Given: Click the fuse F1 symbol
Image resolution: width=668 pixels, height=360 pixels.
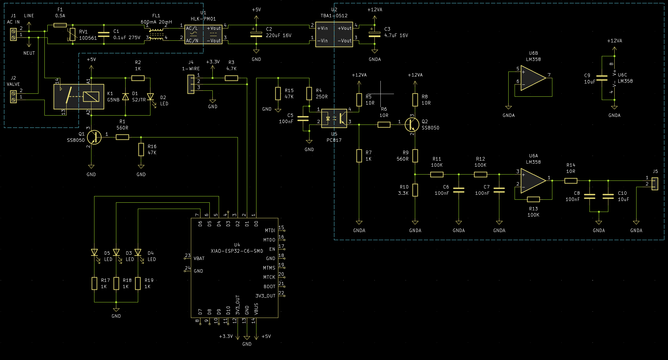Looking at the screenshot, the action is (60, 25).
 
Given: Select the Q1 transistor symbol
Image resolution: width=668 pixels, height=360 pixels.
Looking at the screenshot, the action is (94, 137).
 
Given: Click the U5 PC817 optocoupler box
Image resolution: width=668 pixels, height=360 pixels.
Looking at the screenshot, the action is (334, 118).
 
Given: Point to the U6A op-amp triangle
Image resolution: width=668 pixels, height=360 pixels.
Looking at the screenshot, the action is (533, 180).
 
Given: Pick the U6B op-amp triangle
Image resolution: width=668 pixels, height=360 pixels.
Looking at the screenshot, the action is (533, 78).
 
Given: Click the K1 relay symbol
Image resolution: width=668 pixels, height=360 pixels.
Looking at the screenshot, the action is (79, 96).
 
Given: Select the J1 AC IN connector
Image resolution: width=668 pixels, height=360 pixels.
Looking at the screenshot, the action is (13, 34).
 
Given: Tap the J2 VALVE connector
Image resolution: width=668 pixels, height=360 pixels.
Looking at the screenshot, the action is (13, 97).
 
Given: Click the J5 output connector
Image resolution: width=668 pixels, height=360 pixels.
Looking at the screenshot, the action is (655, 184).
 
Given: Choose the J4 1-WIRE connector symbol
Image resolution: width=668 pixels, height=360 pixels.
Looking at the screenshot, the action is (191, 84).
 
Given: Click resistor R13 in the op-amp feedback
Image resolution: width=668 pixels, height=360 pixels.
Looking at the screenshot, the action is (533, 199).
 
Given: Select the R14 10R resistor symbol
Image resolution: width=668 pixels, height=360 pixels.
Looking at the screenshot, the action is (571, 180).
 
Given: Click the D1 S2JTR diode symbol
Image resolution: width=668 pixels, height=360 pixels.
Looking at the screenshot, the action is (125, 97).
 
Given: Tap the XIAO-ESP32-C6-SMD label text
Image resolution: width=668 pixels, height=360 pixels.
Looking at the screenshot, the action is (237, 251).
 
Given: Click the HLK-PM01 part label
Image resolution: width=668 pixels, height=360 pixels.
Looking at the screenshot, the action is (203, 19).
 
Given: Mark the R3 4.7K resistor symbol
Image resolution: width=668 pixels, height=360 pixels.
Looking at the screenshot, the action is (231, 78).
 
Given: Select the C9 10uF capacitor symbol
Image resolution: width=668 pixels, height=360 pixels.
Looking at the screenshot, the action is (602, 78).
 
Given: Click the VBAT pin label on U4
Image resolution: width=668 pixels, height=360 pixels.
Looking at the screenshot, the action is (199, 258).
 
